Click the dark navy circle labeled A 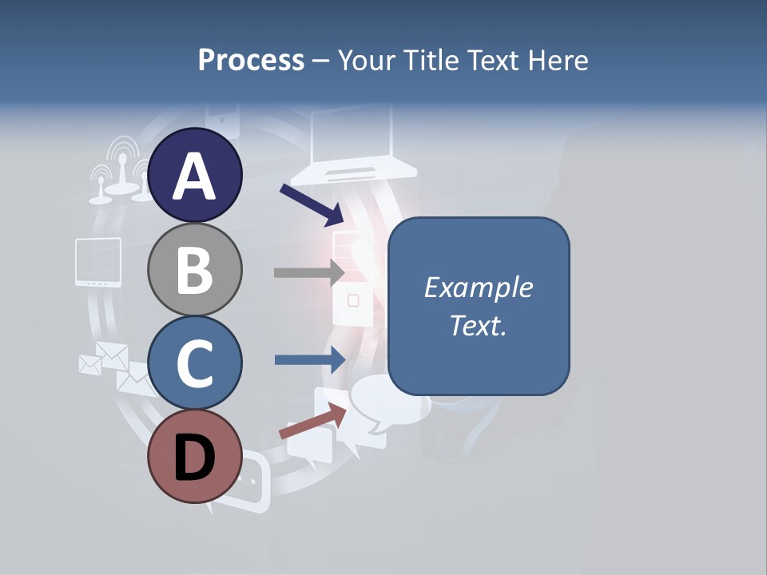195,176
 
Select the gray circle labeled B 195,269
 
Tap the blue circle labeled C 195,363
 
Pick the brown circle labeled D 195,456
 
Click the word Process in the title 252,61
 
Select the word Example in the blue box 479,287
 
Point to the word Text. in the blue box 479,325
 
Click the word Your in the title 368,61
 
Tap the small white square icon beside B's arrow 353,300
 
